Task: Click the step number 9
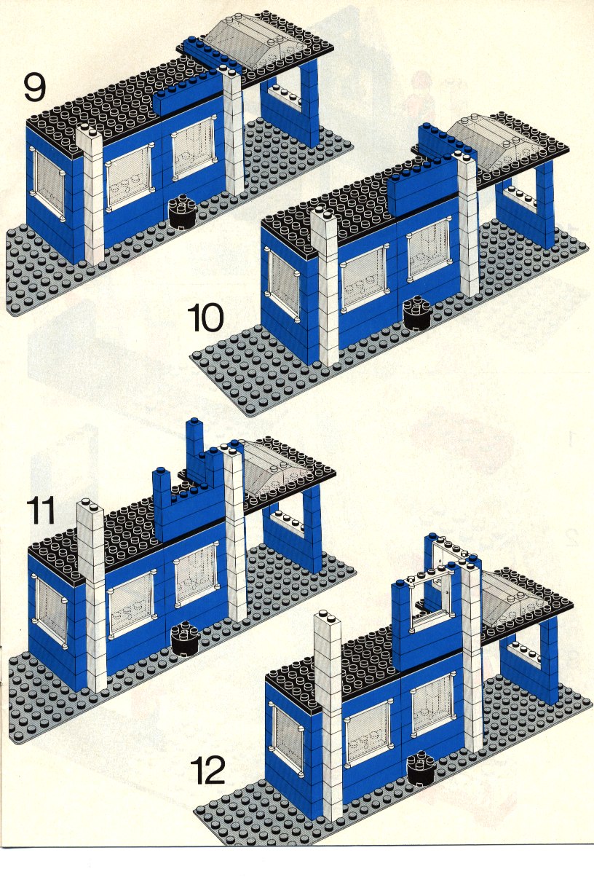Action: [x=35, y=87]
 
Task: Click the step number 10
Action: [x=206, y=318]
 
